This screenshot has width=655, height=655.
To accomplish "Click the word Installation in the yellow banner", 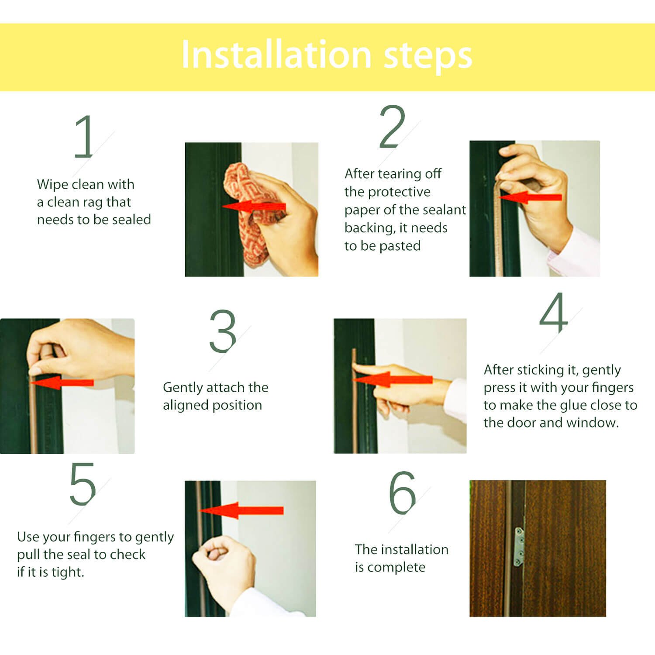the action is point(276,55).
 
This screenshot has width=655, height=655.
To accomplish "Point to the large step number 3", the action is point(223,331).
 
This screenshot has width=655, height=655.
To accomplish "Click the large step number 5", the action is point(83,484).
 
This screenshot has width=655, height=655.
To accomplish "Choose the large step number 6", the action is point(402,493).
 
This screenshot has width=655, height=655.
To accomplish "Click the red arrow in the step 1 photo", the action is point(254,207).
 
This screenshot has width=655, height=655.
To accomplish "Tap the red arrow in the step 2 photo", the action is point(530,197).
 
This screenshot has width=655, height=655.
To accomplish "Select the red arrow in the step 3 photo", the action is point(62,383).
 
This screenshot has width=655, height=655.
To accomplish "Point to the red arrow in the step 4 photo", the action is point(392,379).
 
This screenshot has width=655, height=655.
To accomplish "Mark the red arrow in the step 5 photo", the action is point(241,510).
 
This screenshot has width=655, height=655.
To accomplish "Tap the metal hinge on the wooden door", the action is point(519,547).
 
